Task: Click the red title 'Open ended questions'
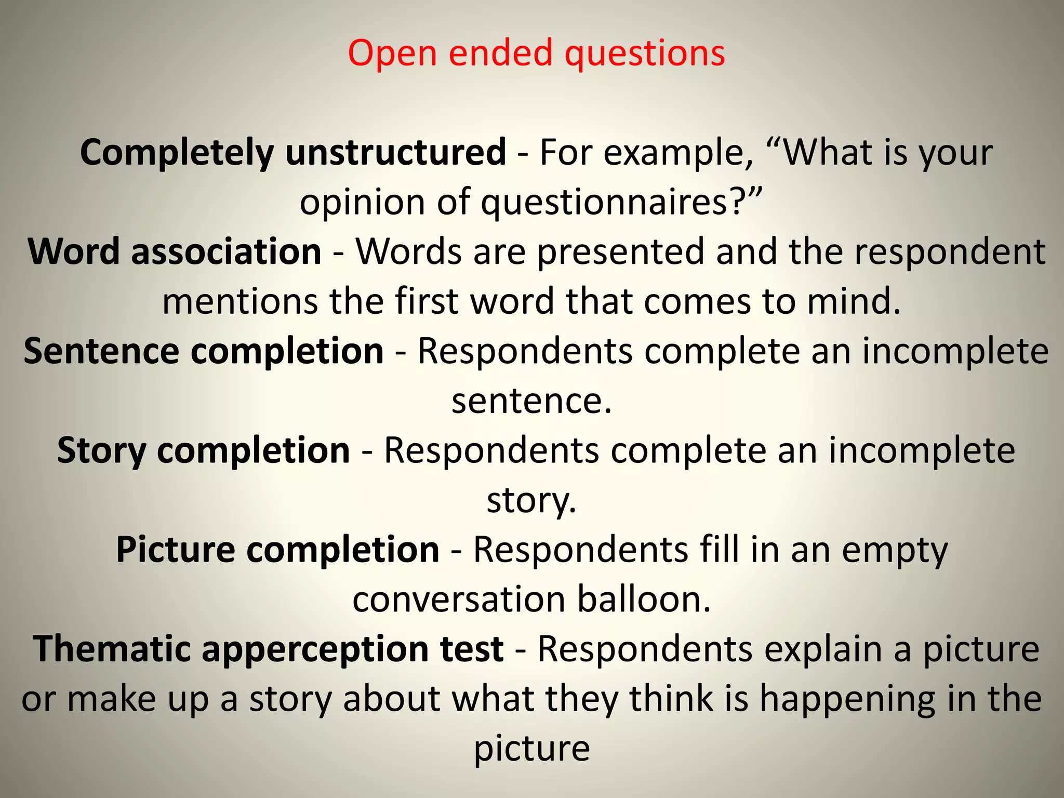pos(536,54)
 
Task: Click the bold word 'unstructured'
pos(396,152)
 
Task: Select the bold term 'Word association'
pos(175,251)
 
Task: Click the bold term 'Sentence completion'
pos(204,351)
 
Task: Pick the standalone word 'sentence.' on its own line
pos(531,401)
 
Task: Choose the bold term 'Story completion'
pos(204,450)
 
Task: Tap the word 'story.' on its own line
pos(531,500)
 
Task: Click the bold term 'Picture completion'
pos(278,550)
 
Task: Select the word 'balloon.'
pos(644,600)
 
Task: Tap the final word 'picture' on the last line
pos(531,749)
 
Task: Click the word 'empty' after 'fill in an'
pos(895,550)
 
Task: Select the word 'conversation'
pos(459,600)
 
